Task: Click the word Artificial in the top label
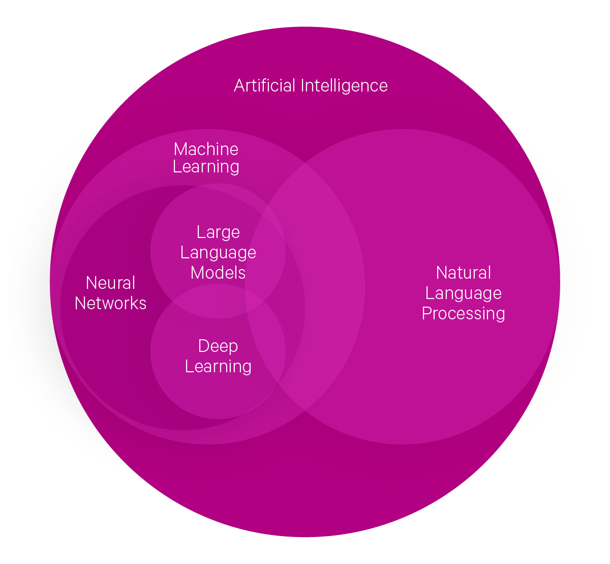(x=264, y=85)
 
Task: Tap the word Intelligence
(x=344, y=86)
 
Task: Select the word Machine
(x=206, y=149)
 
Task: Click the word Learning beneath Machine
(x=206, y=167)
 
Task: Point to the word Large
(x=218, y=232)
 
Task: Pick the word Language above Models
(x=218, y=253)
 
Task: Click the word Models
(x=218, y=273)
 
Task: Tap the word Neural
(x=110, y=283)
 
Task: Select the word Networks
(x=110, y=303)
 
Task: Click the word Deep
(x=218, y=346)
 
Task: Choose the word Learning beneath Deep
(x=218, y=366)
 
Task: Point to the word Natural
(x=463, y=273)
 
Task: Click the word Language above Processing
(x=463, y=293)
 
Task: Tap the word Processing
(x=463, y=313)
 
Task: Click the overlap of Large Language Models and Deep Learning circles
(x=218, y=302)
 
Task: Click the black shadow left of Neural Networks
(x=28, y=305)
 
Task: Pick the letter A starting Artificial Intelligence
(x=239, y=85)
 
